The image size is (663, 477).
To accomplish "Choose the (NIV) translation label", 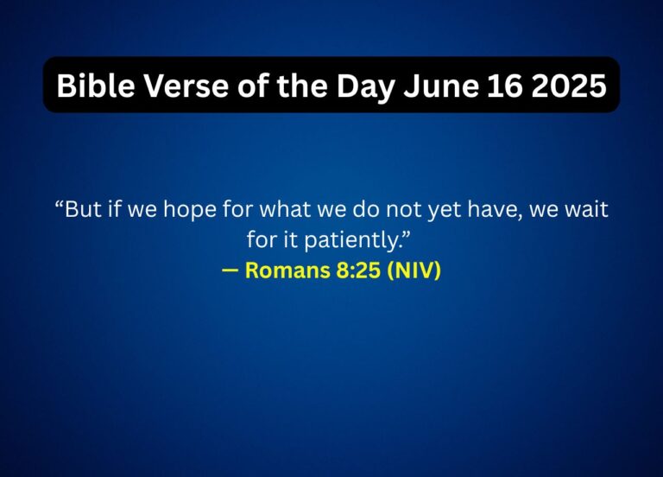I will point(414,270).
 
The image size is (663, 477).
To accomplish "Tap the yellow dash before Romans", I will point(230,270).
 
